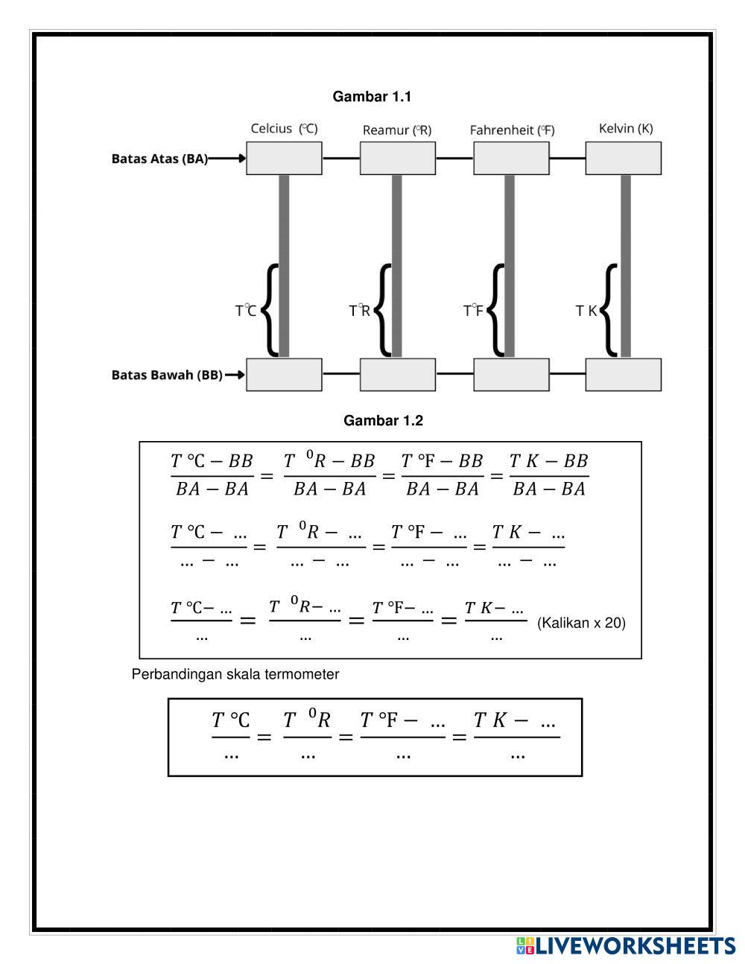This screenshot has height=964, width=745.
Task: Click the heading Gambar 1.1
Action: click(372, 97)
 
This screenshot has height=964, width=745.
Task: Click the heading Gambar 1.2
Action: click(383, 421)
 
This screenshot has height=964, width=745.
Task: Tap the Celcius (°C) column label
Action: click(284, 129)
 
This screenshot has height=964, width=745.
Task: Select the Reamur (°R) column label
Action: click(397, 130)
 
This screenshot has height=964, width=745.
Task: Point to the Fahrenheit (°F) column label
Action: click(512, 130)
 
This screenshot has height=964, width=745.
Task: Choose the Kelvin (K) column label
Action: click(626, 129)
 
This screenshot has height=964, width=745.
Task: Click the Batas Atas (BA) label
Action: click(159, 159)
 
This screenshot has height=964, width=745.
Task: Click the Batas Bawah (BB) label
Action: click(167, 375)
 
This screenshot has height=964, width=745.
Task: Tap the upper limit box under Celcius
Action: click(284, 159)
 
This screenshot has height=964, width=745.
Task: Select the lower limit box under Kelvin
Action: click(623, 375)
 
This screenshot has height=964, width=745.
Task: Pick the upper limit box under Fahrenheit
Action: click(511, 159)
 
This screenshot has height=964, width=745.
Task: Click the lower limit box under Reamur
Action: click(397, 375)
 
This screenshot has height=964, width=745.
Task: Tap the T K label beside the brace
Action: click(586, 311)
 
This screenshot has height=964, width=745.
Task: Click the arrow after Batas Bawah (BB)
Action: click(235, 375)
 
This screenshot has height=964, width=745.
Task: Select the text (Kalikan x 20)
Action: click(581, 623)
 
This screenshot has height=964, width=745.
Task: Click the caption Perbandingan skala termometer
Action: click(235, 674)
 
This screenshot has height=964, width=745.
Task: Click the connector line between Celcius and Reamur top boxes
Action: click(340, 159)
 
